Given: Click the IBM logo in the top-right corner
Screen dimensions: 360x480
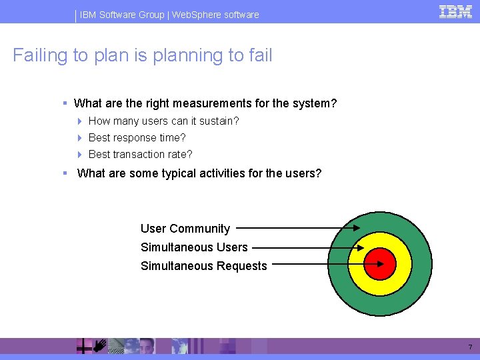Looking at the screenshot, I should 455,12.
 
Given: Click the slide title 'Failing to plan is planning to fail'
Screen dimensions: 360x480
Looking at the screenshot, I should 143,55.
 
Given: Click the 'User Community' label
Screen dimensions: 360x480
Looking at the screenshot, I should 185,229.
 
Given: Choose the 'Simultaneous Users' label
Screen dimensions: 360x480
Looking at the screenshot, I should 194,247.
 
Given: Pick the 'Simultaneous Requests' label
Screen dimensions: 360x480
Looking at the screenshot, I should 203,266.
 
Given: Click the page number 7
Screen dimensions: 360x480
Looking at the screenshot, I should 469,347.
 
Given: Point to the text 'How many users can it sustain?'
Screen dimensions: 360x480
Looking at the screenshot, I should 163,121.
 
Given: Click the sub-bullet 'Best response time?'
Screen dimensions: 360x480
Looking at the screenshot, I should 137,137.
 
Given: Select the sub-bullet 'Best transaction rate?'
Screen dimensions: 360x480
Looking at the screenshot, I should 140,154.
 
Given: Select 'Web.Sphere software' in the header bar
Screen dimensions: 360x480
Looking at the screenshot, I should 215,14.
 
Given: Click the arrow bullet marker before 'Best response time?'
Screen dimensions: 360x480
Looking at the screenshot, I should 79,138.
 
